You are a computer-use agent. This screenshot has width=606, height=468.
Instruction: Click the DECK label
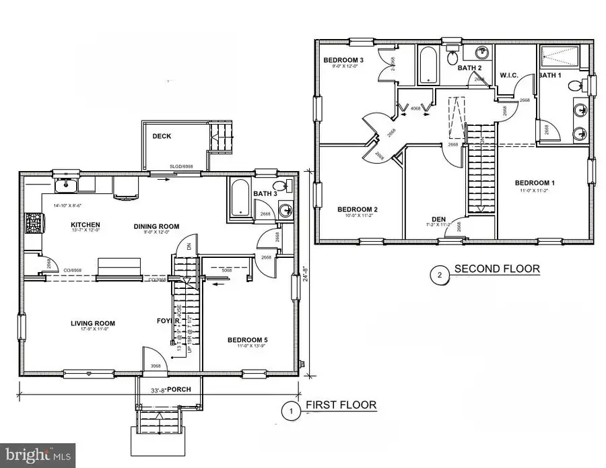pos(162,136)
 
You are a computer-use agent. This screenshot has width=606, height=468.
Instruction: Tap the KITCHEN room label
pos(86,225)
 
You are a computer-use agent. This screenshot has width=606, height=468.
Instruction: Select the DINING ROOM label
pos(155,225)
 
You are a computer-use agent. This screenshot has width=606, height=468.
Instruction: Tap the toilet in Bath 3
pos(280,187)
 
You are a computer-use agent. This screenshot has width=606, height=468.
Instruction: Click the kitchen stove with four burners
pos(32,222)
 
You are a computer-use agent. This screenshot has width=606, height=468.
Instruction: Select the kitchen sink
pos(64,185)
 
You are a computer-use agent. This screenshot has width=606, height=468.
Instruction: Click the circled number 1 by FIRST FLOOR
pos(290,410)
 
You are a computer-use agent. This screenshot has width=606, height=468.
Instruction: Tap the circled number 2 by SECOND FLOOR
pos(438,274)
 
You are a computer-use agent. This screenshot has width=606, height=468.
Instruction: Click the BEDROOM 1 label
pos(535,183)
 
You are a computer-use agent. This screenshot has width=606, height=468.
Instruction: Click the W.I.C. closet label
pos(508,75)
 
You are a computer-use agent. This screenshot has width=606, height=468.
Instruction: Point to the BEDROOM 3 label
pos(343,61)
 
